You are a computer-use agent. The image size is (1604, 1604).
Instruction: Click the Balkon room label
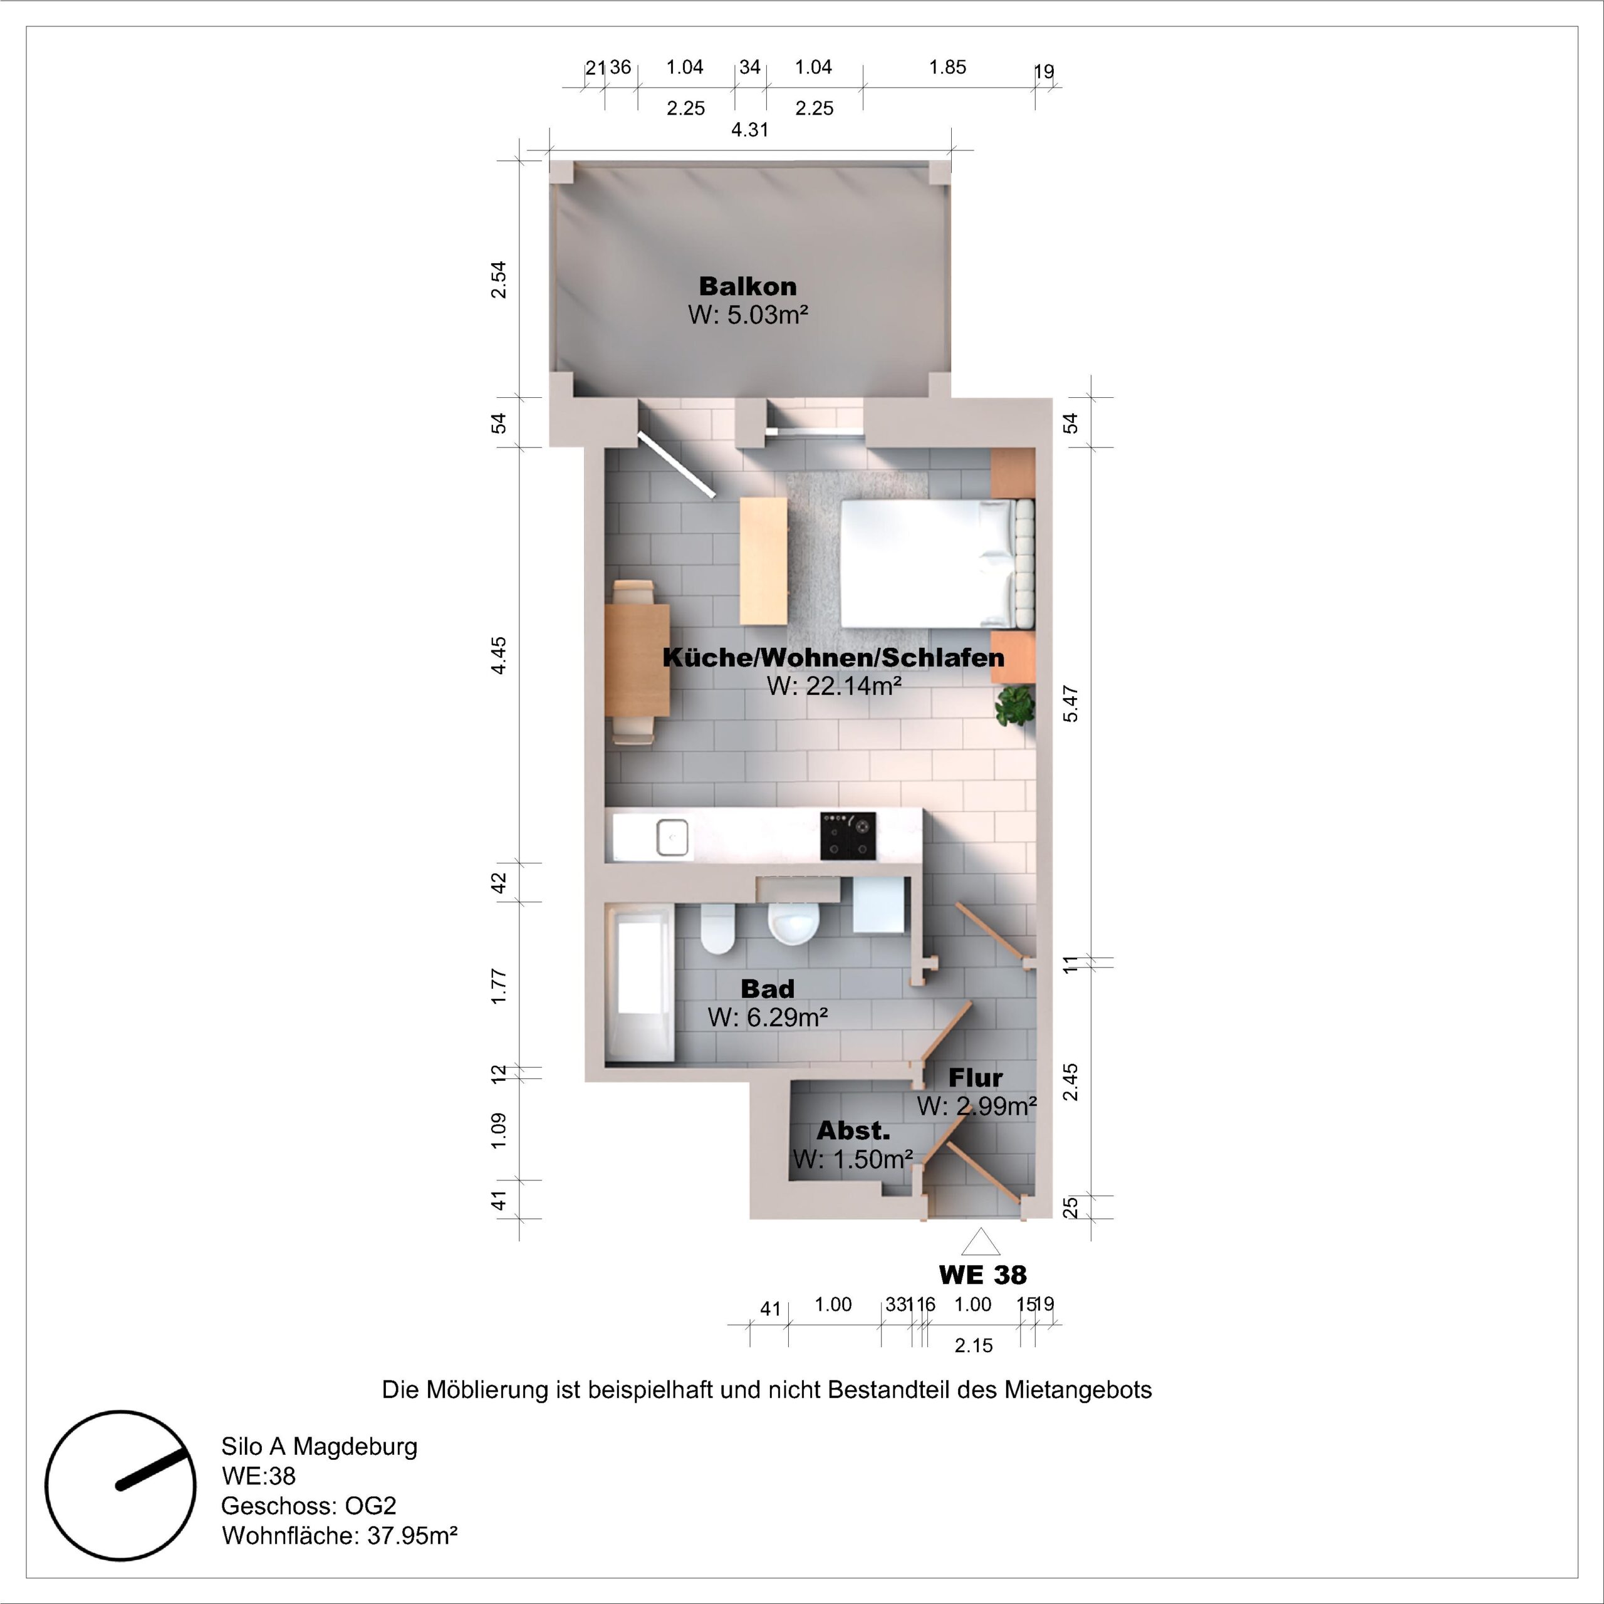[x=747, y=286]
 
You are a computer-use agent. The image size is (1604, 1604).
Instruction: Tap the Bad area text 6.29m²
[x=768, y=1017]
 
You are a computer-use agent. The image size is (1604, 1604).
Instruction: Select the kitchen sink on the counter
[x=672, y=837]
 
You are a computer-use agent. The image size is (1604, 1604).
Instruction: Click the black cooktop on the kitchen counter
[x=848, y=836]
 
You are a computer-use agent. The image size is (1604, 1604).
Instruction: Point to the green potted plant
[x=1016, y=706]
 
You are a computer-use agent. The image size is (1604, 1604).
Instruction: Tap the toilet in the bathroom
[x=717, y=930]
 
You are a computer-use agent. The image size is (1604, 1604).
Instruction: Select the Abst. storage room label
[x=853, y=1131]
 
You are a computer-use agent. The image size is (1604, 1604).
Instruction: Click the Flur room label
[x=976, y=1078]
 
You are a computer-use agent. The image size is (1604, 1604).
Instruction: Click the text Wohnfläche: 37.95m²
[x=339, y=1535]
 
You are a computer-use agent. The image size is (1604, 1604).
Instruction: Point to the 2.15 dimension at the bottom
[x=973, y=1346]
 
